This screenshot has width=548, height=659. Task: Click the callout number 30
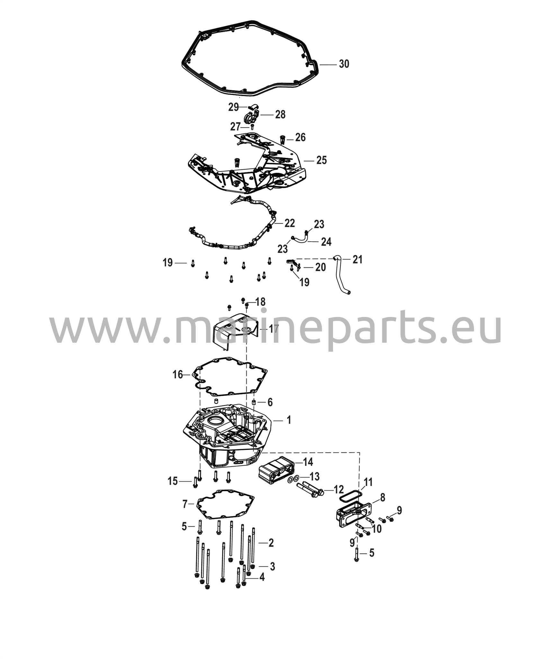click(x=344, y=64)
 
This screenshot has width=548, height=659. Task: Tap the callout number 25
click(x=321, y=160)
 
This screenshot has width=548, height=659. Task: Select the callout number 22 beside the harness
click(x=289, y=223)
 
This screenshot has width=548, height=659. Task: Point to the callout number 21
click(x=357, y=259)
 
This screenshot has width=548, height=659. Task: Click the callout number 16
click(x=178, y=375)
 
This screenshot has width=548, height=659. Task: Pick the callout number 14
click(x=308, y=462)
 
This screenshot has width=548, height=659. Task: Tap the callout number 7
click(x=185, y=513)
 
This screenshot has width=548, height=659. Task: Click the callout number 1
click(x=289, y=420)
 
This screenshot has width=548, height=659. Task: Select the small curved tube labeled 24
click(x=300, y=238)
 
